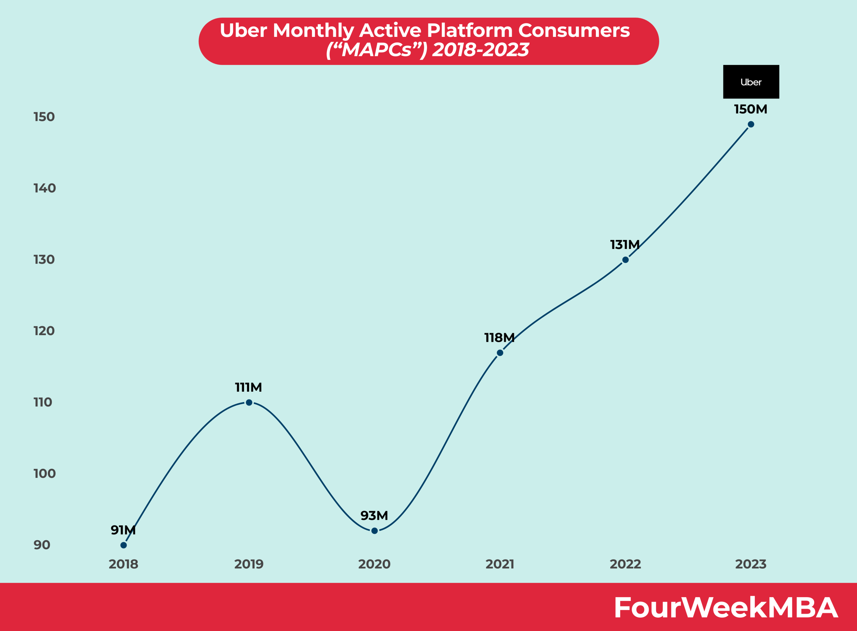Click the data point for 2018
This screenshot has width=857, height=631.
[x=124, y=545]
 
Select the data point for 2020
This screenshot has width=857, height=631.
[x=374, y=530]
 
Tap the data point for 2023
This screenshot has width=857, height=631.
[x=751, y=124]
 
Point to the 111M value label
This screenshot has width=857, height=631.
[x=248, y=387]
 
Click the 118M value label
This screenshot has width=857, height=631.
[x=499, y=338]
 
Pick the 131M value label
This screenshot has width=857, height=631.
[x=625, y=244]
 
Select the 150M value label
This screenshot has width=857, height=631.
[x=750, y=109]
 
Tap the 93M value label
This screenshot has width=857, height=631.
[x=374, y=516]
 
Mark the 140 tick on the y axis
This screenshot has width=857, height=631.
[x=45, y=188]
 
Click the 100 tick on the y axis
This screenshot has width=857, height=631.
[x=45, y=474]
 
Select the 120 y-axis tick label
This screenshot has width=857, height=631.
[x=44, y=331]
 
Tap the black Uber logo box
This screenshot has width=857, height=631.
[x=751, y=82]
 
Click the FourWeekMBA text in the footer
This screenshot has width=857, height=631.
[x=726, y=607]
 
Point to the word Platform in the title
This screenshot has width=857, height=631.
[x=469, y=30]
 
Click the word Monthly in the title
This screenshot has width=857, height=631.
[x=313, y=30]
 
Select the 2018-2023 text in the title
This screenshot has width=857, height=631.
[x=480, y=50]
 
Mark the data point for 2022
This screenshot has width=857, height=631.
[x=625, y=260]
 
